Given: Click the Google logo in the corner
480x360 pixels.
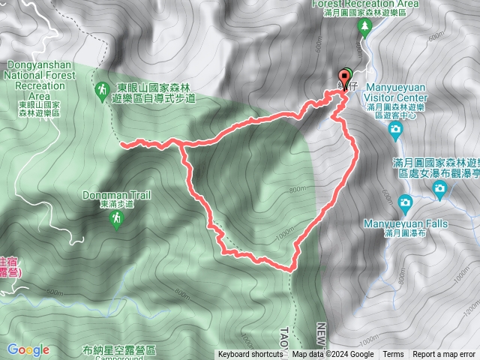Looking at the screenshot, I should [x=28, y=349].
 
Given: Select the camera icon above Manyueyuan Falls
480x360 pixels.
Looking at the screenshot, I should [x=405, y=202].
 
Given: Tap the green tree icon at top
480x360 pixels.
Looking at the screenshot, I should [x=365, y=28].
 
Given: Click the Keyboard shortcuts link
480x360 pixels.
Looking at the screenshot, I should [x=250, y=355].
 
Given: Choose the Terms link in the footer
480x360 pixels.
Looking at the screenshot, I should [x=393, y=355].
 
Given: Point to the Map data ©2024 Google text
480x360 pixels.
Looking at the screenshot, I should [x=332, y=355].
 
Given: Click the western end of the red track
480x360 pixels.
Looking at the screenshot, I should [x=121, y=142].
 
